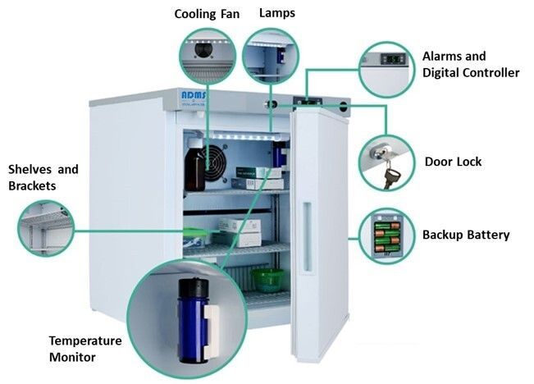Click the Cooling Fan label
pyautogui.click(x=208, y=14)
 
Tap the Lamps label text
pyautogui.click(x=277, y=13)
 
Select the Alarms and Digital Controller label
pyautogui.click(x=470, y=65)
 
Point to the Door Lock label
pyautogui.click(x=453, y=162)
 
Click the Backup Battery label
pyautogui.click(x=466, y=235)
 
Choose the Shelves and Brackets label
pyautogui.click(x=43, y=177)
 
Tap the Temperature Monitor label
pyautogui.click(x=85, y=349)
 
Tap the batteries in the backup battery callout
pyautogui.click(x=386, y=235)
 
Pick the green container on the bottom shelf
pyautogui.click(x=266, y=279)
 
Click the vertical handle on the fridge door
pyautogui.click(x=307, y=238)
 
